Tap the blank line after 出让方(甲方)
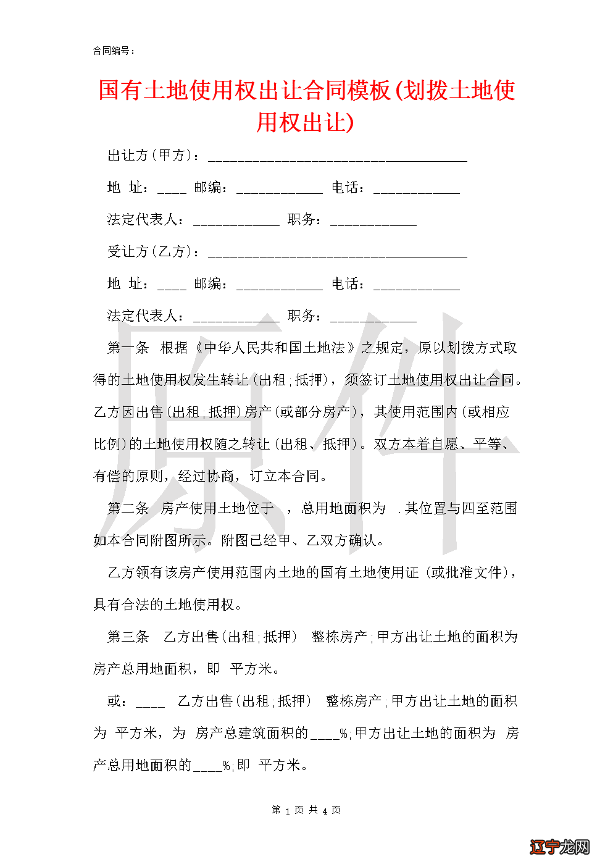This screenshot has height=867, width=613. click(337, 158)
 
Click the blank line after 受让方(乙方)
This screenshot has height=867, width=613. click(337, 254)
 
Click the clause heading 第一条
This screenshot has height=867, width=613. click(128, 348)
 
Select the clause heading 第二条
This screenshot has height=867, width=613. click(128, 509)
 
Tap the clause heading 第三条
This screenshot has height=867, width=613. click(128, 637)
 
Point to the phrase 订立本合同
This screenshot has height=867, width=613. click(285, 477)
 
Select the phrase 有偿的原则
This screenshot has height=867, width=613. click(128, 477)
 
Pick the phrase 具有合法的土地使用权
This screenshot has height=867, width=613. click(164, 605)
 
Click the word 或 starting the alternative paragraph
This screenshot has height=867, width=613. click(114, 702)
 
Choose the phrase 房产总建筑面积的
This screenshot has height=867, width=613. click(251, 734)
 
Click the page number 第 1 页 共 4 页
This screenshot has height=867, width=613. click(306, 810)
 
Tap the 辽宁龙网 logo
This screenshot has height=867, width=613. click(559, 847)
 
